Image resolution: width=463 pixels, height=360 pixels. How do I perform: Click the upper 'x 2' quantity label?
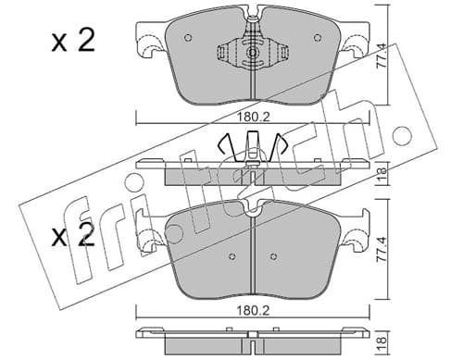73,41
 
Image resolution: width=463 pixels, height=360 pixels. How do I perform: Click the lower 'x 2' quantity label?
73,235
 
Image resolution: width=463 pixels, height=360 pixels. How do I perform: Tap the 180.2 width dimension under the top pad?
253,117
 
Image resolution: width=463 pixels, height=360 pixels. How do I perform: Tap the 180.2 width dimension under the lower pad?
253,311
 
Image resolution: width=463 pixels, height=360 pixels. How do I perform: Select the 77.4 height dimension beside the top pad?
382,56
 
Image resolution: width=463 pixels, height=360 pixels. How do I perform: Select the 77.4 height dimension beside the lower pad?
382,250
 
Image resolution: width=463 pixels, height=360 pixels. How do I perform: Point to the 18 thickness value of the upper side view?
382,174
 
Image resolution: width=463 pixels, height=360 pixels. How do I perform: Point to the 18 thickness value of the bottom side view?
382,341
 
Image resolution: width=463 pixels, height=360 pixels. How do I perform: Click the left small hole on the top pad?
188,38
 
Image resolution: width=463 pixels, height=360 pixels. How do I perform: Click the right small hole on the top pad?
318,38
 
